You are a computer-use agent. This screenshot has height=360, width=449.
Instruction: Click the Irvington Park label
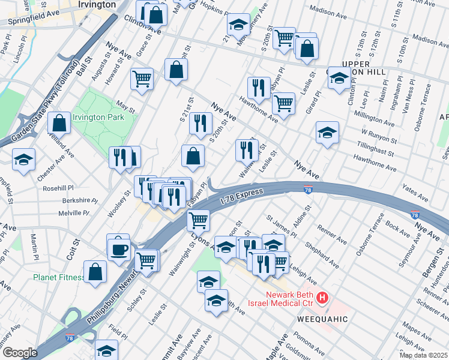pyautogui.click(x=98, y=117)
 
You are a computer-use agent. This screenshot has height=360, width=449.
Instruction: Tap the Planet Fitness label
pyautogui.click(x=58, y=277)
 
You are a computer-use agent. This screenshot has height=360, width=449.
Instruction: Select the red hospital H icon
pyautogui.click(x=323, y=297)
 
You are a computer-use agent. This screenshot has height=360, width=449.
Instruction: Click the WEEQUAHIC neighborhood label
pyautogui.click(x=322, y=319)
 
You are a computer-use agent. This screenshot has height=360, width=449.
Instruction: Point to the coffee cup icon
pyautogui.click(x=118, y=247)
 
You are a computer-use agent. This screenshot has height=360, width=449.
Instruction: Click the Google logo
pyautogui.click(x=20, y=352)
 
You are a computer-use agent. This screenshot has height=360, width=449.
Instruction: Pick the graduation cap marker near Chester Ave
pyautogui.click(x=24, y=160)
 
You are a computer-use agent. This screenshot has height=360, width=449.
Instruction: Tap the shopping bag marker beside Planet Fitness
pyautogui.click(x=95, y=271)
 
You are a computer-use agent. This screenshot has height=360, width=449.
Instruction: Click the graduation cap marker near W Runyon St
pyautogui.click(x=327, y=133)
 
